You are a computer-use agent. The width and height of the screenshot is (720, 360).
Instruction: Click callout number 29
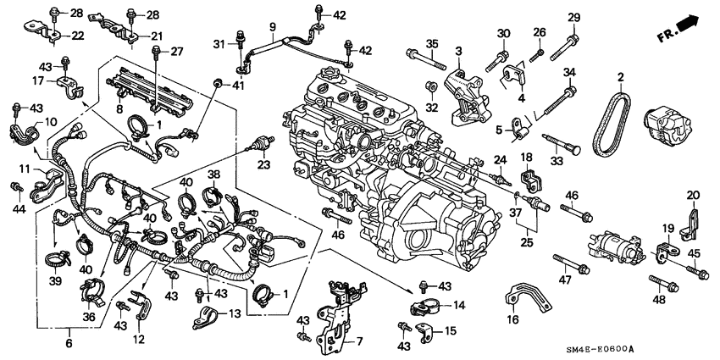pyautogui.click(x=573, y=18)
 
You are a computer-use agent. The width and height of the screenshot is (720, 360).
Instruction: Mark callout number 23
pyautogui.click(x=264, y=164)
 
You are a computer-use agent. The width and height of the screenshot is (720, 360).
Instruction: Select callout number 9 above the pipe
pyautogui.click(x=273, y=28)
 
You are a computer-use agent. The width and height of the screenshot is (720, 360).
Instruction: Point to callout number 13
pyautogui.click(x=235, y=314)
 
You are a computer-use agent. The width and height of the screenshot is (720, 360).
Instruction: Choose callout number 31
pyautogui.click(x=218, y=44)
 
